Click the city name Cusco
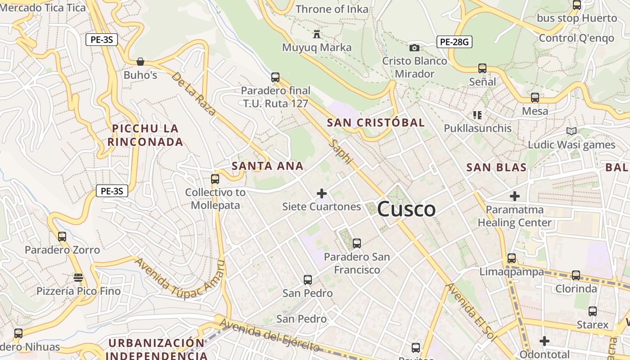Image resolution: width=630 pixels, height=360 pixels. (406, 209)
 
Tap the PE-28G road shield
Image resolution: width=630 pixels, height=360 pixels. (454, 42)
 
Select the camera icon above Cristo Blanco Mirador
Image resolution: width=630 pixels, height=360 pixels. (414, 48)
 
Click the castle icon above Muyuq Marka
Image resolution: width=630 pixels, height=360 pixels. (317, 34)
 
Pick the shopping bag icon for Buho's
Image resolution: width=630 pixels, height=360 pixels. (140, 62)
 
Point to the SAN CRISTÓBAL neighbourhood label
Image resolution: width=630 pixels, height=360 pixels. (376, 122)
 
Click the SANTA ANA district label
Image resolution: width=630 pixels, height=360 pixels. (267, 166)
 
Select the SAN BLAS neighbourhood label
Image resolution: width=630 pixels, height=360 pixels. (496, 167)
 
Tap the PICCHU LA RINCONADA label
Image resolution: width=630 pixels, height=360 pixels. (145, 135)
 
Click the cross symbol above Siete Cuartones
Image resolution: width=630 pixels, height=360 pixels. (322, 193)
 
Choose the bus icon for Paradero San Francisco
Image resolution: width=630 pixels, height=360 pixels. (357, 243)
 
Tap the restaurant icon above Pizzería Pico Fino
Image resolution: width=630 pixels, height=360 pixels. (78, 277)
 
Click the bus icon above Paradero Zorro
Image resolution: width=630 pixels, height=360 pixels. (62, 236)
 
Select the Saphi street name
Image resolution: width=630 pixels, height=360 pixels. (341, 152)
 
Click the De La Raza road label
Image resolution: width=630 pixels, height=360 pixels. (193, 94)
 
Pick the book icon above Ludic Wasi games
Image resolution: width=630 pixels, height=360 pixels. (571, 131)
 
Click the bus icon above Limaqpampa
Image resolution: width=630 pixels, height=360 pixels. (512, 258)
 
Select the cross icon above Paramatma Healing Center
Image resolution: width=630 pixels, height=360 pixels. (515, 196)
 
